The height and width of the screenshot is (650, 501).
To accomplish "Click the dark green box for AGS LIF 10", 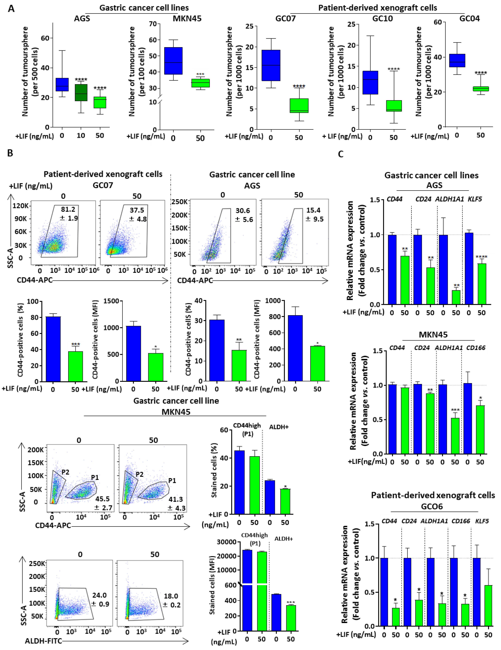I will tap(81, 93).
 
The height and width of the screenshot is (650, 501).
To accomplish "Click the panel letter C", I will tap(341, 154).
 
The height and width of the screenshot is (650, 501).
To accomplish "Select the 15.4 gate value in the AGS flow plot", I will tap(313, 210).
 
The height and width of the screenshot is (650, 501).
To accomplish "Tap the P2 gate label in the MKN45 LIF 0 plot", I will tap(65, 472).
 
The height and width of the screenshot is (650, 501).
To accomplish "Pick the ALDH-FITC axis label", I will tap(44, 641).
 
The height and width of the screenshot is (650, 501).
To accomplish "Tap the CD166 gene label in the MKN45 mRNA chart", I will tap(476, 348).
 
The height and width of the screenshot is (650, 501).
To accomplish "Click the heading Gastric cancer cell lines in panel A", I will tap(144, 8).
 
